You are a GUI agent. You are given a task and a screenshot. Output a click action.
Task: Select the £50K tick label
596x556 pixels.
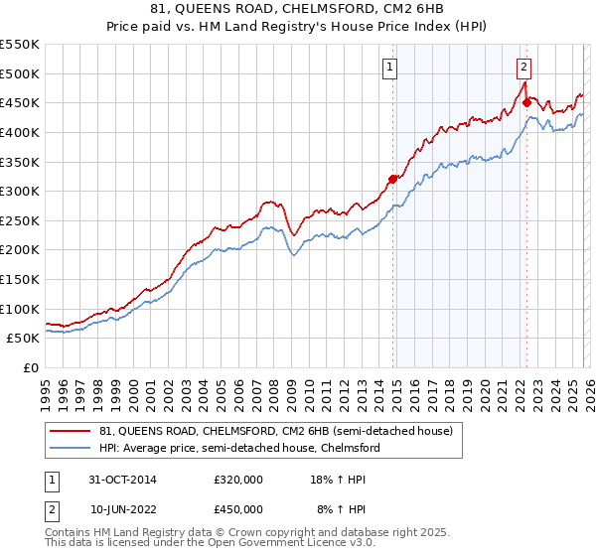pyautogui.click(x=24, y=339)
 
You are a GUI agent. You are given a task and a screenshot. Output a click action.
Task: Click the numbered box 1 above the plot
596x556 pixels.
pyautogui.click(x=389, y=68)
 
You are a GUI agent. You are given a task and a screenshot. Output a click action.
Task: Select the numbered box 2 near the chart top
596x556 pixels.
pyautogui.click(x=523, y=68)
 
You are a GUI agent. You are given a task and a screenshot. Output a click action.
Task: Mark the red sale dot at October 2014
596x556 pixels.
pyautogui.click(x=392, y=179)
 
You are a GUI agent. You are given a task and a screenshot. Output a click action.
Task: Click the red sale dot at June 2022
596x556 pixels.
pyautogui.click(x=526, y=102)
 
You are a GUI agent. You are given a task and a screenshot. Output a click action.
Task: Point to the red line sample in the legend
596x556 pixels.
pyautogui.click(x=72, y=432)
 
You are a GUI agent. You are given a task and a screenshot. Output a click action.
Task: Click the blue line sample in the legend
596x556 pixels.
pyautogui.click(x=72, y=448)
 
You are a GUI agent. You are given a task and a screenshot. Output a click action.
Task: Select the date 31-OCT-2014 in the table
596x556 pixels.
pyautogui.click(x=123, y=480)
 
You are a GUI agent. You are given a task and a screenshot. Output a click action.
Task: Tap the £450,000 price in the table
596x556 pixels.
pyautogui.click(x=238, y=509)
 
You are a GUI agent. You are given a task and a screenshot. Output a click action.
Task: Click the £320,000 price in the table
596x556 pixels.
pyautogui.click(x=238, y=480)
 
